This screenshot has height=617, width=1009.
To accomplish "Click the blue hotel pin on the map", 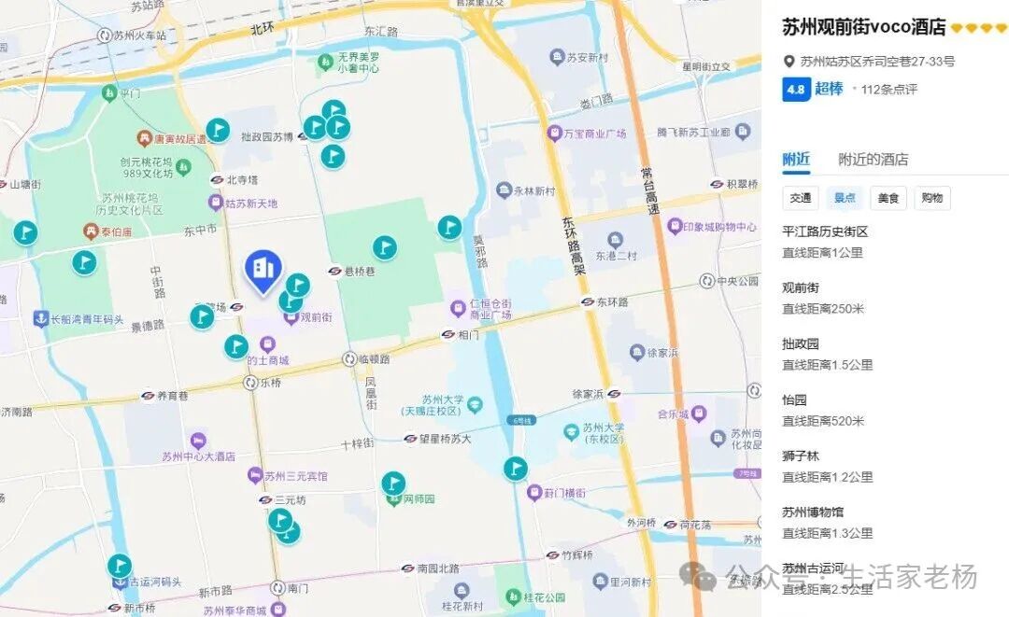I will [x=263, y=268].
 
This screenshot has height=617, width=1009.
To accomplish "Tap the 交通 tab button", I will [x=800, y=198].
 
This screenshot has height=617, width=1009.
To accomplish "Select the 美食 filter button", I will [x=888, y=198].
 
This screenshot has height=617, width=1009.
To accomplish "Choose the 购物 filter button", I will [x=931, y=198].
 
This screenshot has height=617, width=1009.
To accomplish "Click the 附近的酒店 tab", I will [x=873, y=160].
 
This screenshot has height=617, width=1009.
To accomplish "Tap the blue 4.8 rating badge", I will [x=795, y=90].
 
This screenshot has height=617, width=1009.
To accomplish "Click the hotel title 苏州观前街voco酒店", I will [x=863, y=28].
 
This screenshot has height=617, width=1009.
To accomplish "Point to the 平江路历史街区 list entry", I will [x=825, y=231].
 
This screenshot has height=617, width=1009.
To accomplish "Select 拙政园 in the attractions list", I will [x=801, y=344].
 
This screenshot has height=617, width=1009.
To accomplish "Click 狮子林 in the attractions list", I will [x=801, y=456].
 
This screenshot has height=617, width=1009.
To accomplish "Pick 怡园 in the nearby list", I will [x=794, y=400].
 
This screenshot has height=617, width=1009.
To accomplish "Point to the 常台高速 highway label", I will [x=647, y=190].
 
